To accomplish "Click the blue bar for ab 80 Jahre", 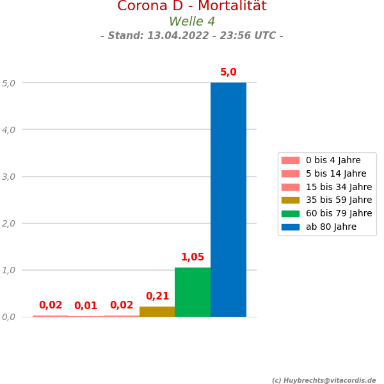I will (x=228, y=200).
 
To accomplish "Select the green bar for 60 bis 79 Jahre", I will (x=193, y=292).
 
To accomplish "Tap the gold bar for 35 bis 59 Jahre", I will (x=157, y=312).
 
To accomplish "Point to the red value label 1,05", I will (x=193, y=257).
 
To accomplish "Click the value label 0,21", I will (x=157, y=296).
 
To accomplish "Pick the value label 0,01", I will (x=86, y=306).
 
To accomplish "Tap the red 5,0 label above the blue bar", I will (x=228, y=72).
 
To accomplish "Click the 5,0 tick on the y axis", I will (x=9, y=83).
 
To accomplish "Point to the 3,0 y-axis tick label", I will (x=9, y=177).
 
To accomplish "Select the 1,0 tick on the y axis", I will (x=9, y=270).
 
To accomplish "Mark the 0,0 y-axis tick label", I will (x=9, y=317).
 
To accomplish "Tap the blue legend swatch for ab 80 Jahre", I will (x=290, y=227).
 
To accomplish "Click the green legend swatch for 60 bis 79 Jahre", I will (x=290, y=213).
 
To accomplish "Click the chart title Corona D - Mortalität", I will (x=192, y=6).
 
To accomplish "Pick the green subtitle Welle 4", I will (x=192, y=22).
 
